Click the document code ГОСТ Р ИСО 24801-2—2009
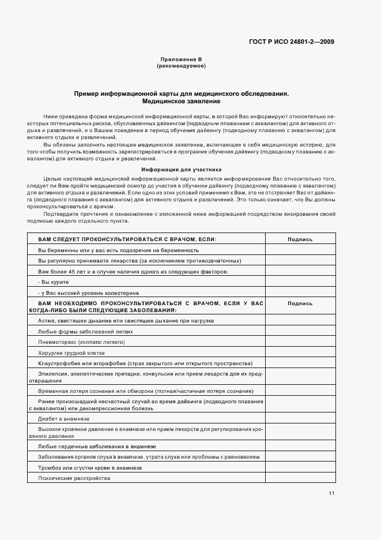click(291, 42)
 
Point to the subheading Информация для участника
click(181, 170)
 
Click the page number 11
click(331, 493)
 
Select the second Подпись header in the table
click(300, 303)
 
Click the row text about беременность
click(118, 250)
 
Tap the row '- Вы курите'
click(54, 282)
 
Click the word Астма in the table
click(46, 320)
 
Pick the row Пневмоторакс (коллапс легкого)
click(81, 342)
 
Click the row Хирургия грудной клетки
click(71, 352)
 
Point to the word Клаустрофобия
click(55, 363)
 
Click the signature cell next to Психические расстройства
click(300, 478)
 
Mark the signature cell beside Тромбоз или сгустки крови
click(300, 467)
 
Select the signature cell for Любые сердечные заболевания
click(300, 446)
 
